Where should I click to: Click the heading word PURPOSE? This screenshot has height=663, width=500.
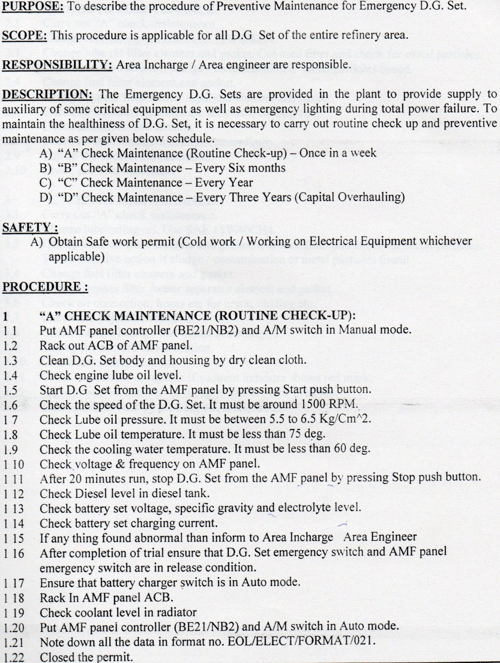pyautogui.click(x=25, y=6)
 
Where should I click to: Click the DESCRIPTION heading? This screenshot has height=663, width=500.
pyautogui.click(x=46, y=94)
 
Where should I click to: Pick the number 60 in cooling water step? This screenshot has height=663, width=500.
pyautogui.click(x=338, y=449)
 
